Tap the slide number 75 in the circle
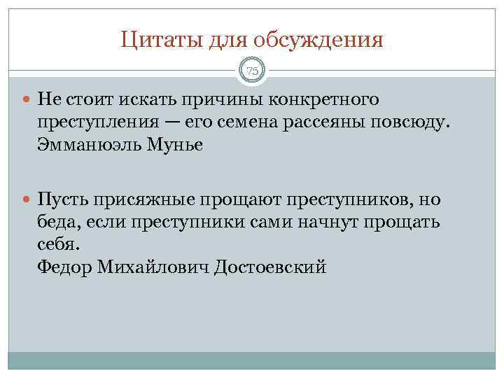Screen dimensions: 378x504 click(x=252, y=70)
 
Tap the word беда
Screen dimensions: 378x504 click(x=58, y=223)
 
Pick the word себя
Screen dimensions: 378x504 click(x=58, y=245)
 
